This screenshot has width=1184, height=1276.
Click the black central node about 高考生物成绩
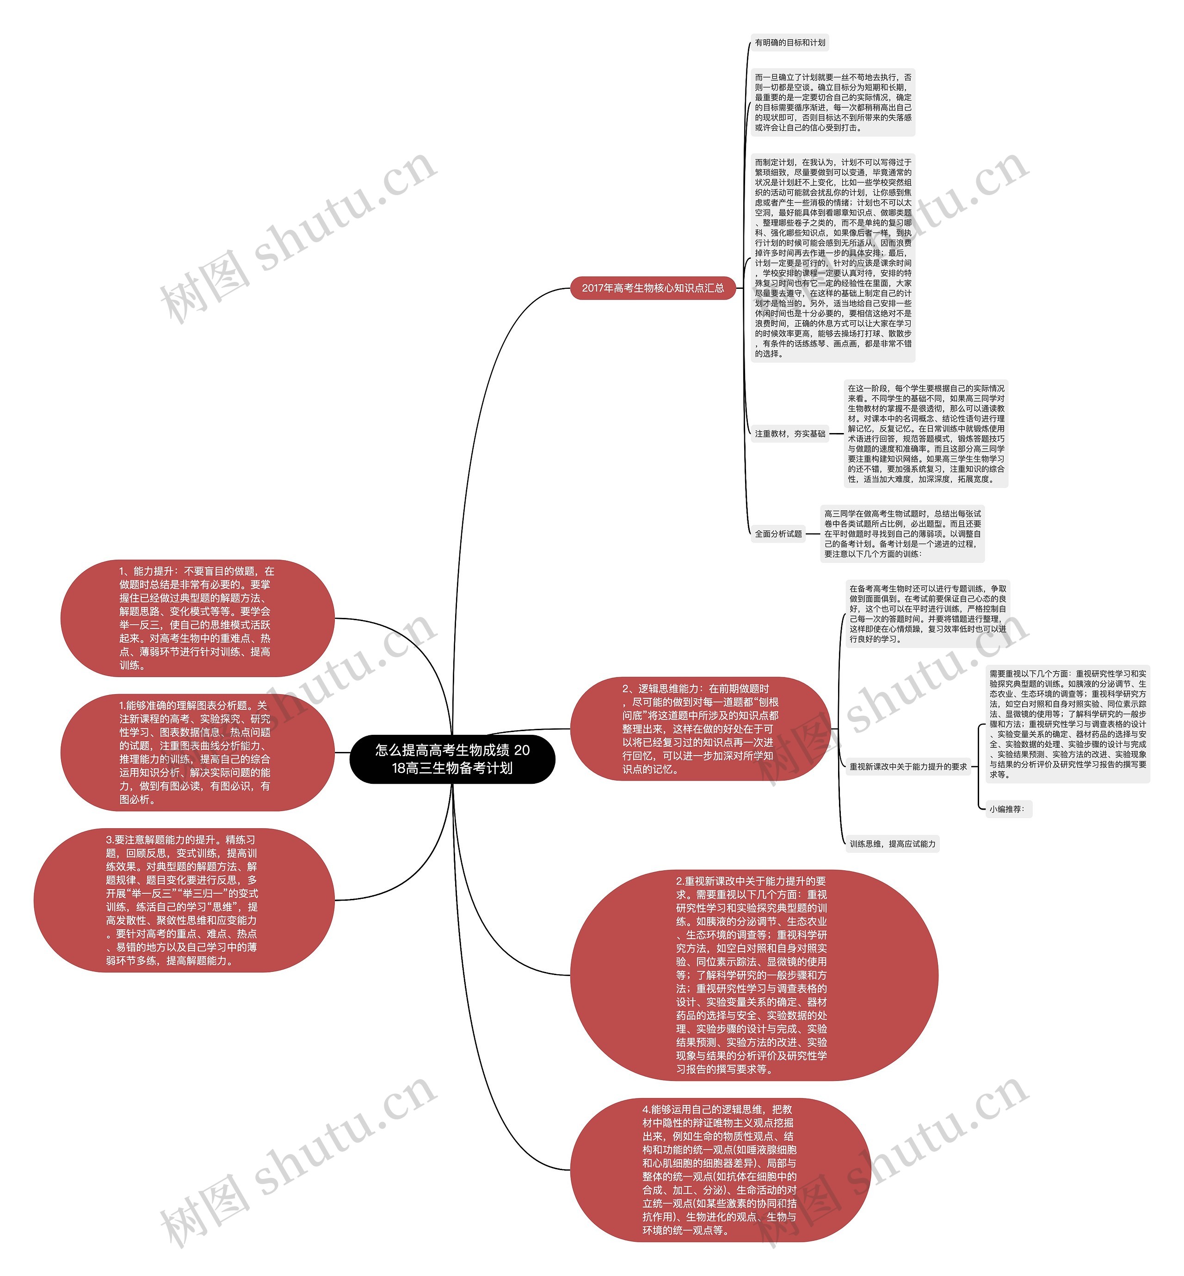pyautogui.click(x=452, y=759)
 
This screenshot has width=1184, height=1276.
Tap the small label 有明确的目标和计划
pyautogui.click(x=789, y=43)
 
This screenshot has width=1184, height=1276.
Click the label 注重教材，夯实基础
pyautogui.click(x=789, y=433)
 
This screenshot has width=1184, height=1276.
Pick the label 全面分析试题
pyautogui.click(x=778, y=533)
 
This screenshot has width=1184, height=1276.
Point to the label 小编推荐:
pyautogui.click(x=1006, y=809)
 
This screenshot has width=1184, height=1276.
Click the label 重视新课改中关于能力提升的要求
pyautogui.click(x=908, y=766)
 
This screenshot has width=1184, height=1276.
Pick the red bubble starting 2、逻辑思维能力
pyautogui.click(x=700, y=729)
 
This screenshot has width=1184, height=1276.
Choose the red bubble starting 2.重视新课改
pyautogui.click(x=753, y=975)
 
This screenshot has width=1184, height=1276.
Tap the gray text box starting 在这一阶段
pyautogui.click(x=926, y=433)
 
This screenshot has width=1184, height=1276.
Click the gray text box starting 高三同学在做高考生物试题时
pyautogui.click(x=902, y=533)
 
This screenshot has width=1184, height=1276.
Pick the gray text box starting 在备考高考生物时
pyautogui.click(x=927, y=613)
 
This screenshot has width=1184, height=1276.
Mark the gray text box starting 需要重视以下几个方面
pyautogui.click(x=1067, y=724)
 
